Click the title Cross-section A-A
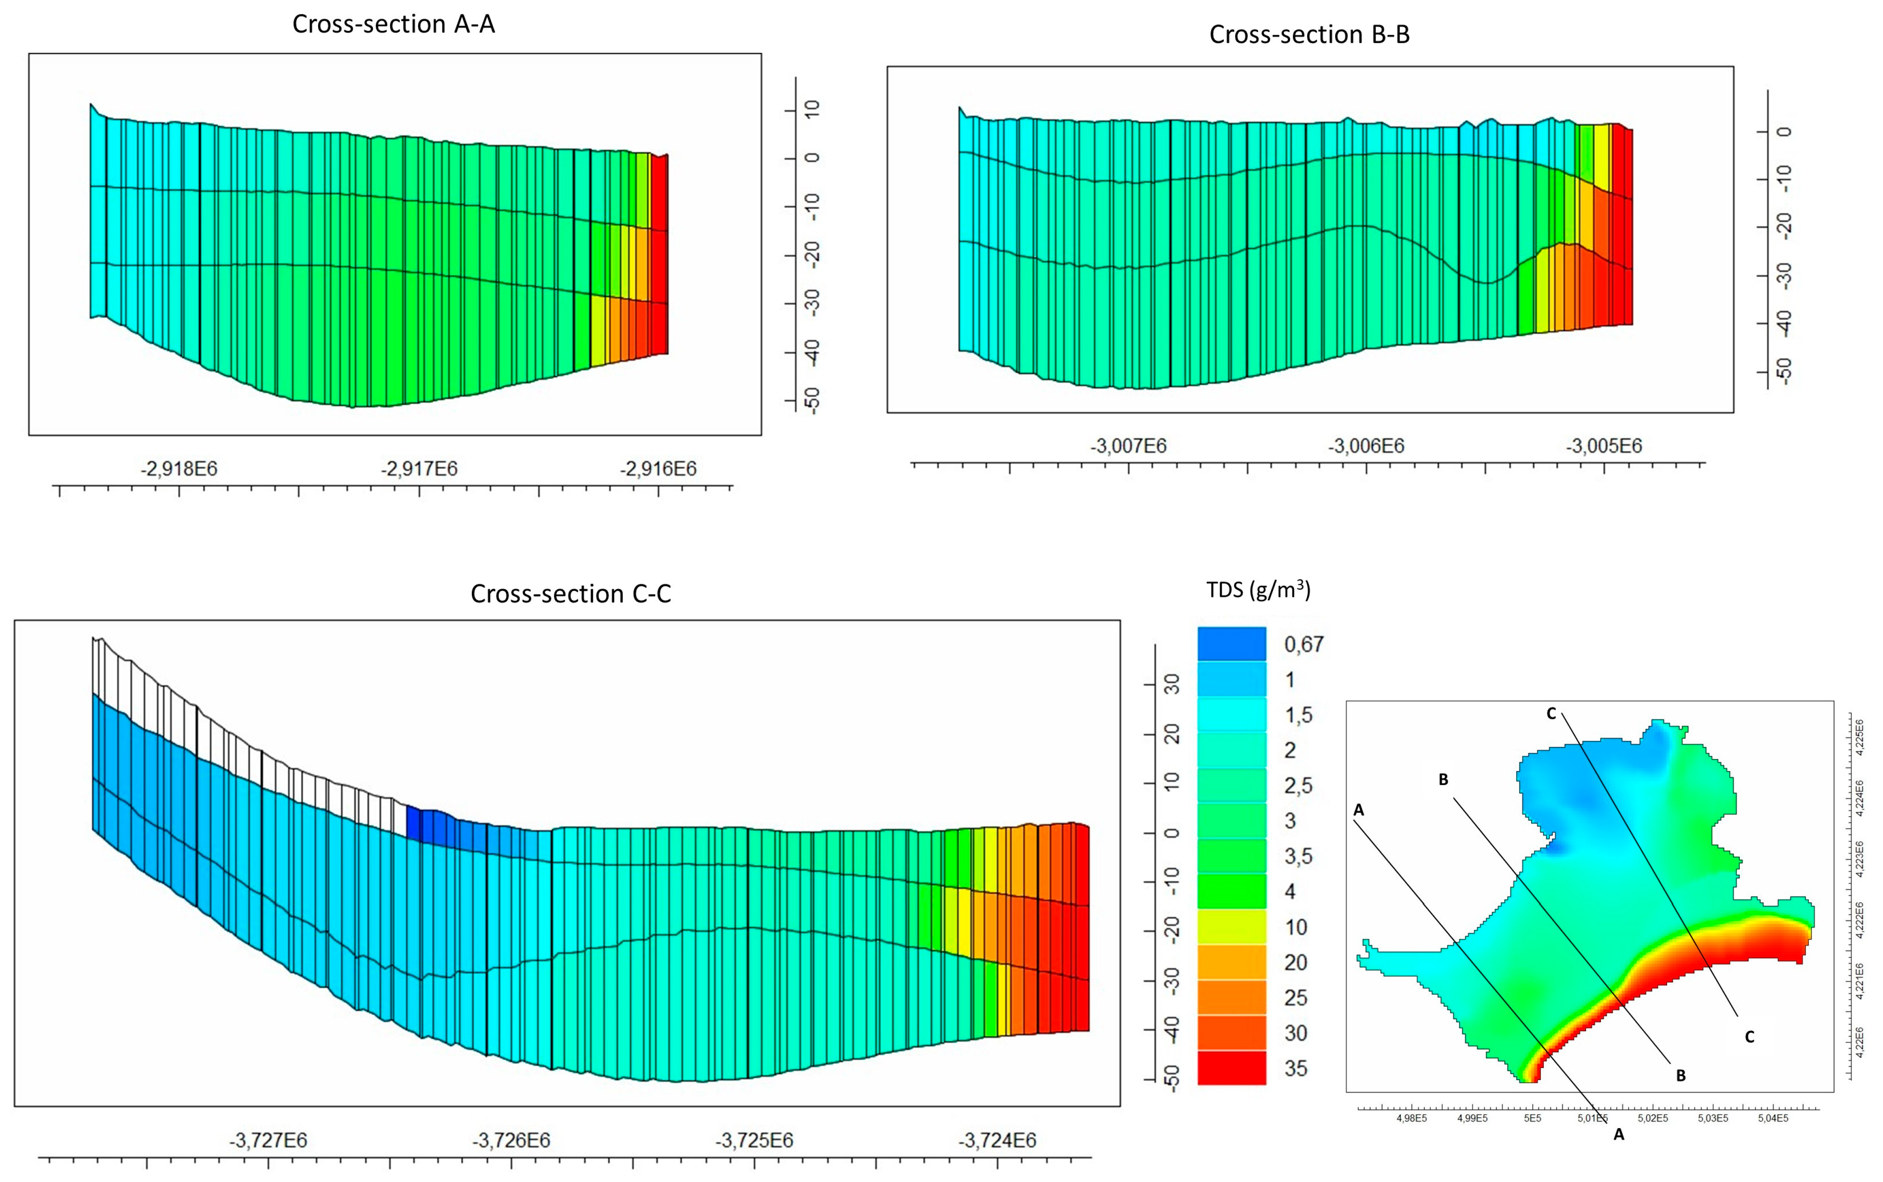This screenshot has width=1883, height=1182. point(393,24)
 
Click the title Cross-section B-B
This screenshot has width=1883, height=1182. point(1309,34)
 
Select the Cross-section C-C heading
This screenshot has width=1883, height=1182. point(570,594)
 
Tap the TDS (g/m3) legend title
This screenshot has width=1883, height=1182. point(1258,590)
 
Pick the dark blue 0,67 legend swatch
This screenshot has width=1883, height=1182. point(1231,644)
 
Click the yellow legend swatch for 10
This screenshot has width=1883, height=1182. point(1231,927)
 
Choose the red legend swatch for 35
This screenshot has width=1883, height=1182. point(1231,1068)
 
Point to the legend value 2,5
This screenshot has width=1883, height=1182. point(1298,786)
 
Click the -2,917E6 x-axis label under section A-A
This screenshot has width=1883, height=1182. point(419,469)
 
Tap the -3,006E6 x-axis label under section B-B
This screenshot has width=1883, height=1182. point(1366,446)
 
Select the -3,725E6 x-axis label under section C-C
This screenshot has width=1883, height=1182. point(754,1141)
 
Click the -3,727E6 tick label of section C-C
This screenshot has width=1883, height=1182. point(268,1141)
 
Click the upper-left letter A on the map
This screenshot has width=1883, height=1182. point(1359,811)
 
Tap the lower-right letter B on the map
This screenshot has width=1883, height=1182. point(1681,1076)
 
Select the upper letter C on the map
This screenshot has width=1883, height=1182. point(1551,714)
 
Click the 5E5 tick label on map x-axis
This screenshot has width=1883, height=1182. point(1532,1118)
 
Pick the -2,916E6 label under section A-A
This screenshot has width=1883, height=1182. point(658,469)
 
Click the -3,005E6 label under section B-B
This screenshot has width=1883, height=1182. point(1603,446)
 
